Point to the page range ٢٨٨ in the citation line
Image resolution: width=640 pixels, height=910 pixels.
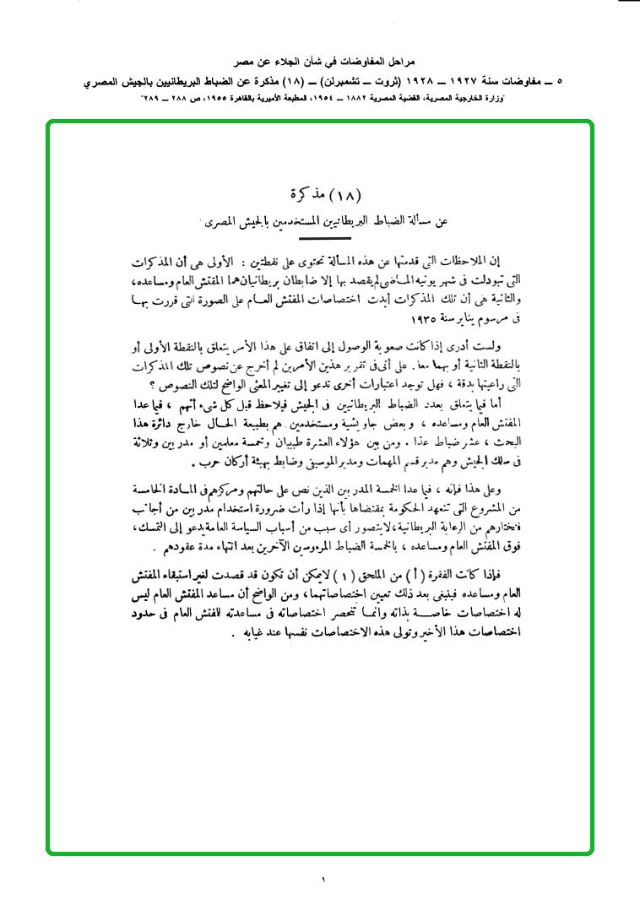[202, 100]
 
